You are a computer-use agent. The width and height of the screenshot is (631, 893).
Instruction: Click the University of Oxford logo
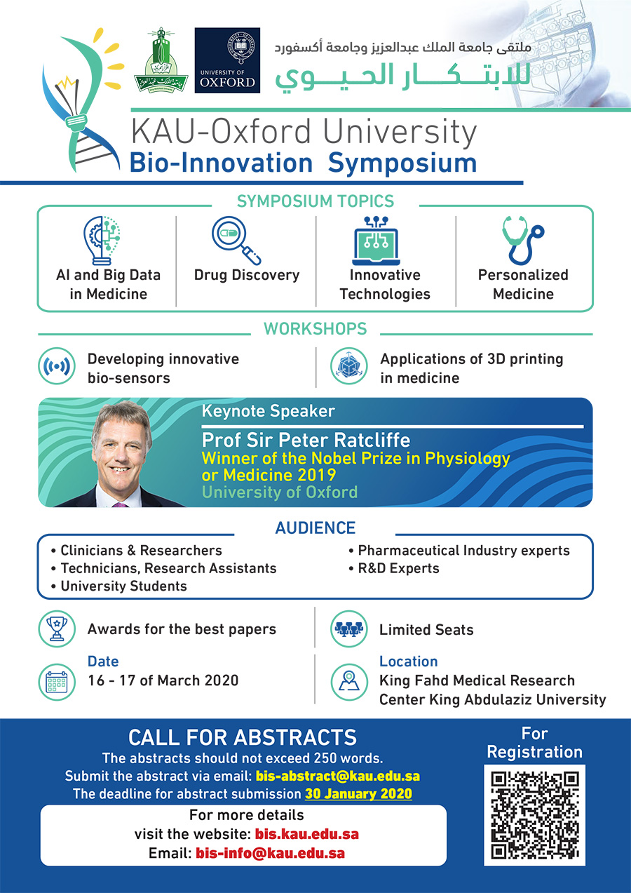[x=227, y=60]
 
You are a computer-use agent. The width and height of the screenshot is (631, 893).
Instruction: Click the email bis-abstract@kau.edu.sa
[x=338, y=777]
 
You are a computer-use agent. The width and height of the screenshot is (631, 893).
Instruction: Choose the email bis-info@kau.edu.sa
[x=271, y=854]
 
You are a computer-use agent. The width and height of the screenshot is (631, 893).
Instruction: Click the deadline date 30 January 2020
[x=358, y=794]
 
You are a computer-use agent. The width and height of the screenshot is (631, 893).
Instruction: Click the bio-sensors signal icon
[x=55, y=367]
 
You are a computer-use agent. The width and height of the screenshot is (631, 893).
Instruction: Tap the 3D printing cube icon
[x=348, y=367]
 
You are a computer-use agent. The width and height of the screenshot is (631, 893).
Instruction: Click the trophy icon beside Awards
[x=55, y=629]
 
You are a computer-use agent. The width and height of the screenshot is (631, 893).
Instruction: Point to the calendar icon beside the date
[x=55, y=681]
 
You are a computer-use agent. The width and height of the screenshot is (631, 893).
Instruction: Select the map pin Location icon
[x=348, y=681]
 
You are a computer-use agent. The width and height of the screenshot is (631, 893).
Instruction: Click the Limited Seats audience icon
[x=348, y=629]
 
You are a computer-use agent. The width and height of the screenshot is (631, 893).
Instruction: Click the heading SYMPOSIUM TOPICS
[x=315, y=201]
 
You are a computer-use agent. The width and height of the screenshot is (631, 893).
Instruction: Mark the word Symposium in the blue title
[x=402, y=163]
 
